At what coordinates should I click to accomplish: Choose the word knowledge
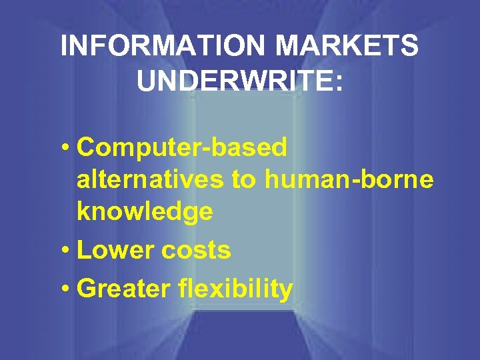coord(145,211)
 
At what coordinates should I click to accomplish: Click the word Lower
coord(113,251)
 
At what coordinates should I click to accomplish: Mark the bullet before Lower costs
coord(68,251)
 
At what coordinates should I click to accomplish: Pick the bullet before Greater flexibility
coord(68,290)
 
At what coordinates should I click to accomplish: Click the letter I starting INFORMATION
coord(64,47)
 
